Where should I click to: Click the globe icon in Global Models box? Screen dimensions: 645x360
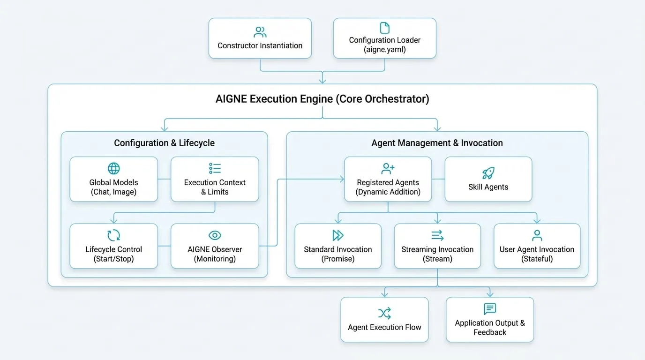pyautogui.click(x=114, y=168)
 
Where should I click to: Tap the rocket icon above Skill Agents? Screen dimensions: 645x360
pyautogui.click(x=488, y=173)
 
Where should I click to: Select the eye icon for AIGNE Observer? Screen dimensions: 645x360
pyautogui.click(x=215, y=235)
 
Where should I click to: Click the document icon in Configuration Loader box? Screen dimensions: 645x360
pyautogui.click(x=385, y=28)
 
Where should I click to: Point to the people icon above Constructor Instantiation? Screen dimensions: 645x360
pyautogui.click(x=260, y=32)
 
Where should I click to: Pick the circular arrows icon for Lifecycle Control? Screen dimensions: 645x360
pyautogui.click(x=114, y=235)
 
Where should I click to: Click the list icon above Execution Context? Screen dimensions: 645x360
pyautogui.click(x=215, y=168)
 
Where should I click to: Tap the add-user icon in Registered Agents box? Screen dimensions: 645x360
pyautogui.click(x=388, y=168)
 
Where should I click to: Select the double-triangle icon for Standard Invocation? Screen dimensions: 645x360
pyautogui.click(x=338, y=235)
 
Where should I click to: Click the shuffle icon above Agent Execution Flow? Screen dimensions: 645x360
pyautogui.click(x=384, y=313)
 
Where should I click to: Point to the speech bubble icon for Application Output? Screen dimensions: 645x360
pyautogui.click(x=490, y=309)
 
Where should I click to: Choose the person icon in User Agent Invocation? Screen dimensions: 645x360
pyautogui.click(x=537, y=235)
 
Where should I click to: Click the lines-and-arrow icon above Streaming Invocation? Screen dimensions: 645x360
pyautogui.click(x=437, y=235)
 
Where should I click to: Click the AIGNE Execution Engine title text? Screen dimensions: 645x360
pyautogui.click(x=322, y=99)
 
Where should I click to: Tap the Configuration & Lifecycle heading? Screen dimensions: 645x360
pyautogui.click(x=165, y=143)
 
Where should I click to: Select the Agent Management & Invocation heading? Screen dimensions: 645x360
pyautogui.click(x=437, y=143)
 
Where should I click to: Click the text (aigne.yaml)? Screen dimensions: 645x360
pyautogui.click(x=385, y=49)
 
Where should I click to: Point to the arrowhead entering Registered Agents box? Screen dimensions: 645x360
pyautogui.click(x=342, y=179)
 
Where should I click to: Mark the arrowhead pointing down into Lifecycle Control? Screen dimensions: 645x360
pyautogui.click(x=114, y=221)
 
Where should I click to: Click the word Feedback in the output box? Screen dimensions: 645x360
pyautogui.click(x=490, y=332)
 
